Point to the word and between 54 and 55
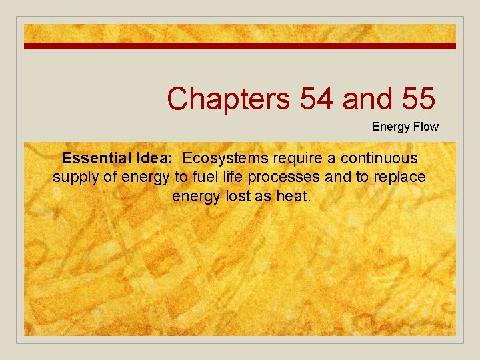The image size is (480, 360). tap(366, 99)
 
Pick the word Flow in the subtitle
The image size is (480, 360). tap(427, 127)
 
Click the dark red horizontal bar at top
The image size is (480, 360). tap(240, 46)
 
